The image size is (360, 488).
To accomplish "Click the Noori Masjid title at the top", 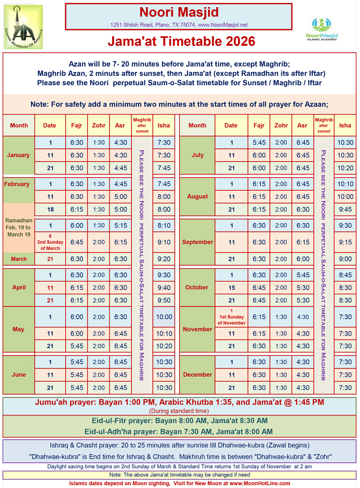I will pos(179,12).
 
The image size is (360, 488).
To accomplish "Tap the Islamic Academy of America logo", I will pos(23,28).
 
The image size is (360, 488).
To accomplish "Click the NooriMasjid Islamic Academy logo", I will pos(321,30).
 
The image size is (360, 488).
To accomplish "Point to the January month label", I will pos(19,155).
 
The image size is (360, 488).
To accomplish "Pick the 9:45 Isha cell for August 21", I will pos(345,209).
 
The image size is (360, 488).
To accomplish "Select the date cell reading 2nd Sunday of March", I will pos(50,242).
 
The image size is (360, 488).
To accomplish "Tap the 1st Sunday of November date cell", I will pos(231,317).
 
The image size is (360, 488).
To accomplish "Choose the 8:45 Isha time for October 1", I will pos(345,275).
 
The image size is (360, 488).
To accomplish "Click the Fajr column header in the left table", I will pos(77,125).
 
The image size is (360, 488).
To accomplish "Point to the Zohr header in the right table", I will pos(281,125).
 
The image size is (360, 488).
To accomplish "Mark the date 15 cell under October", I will pos(231,287).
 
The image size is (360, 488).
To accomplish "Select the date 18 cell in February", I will pos(50,209).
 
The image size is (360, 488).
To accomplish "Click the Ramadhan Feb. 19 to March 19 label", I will pos(19,228).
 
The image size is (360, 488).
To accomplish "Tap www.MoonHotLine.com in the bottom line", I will pos(260,483).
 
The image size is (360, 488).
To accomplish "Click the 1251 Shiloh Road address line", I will pos(179,25).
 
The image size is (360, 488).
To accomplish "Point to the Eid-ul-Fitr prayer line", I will pos(180,421).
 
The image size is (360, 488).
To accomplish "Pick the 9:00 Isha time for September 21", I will pos(345,259).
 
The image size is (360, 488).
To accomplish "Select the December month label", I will pos(197,375).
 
